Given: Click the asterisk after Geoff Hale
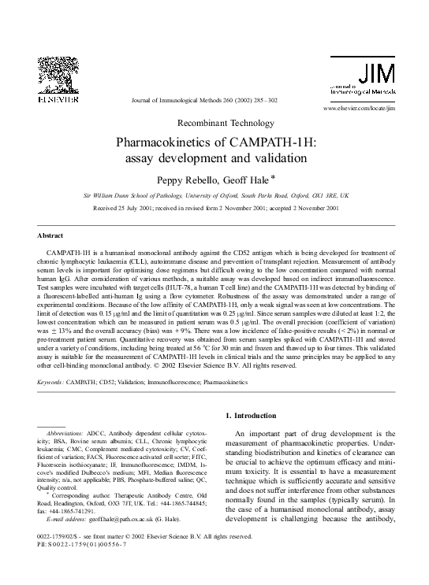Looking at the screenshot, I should [x=271, y=176].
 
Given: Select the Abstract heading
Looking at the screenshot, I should [x=50, y=235].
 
